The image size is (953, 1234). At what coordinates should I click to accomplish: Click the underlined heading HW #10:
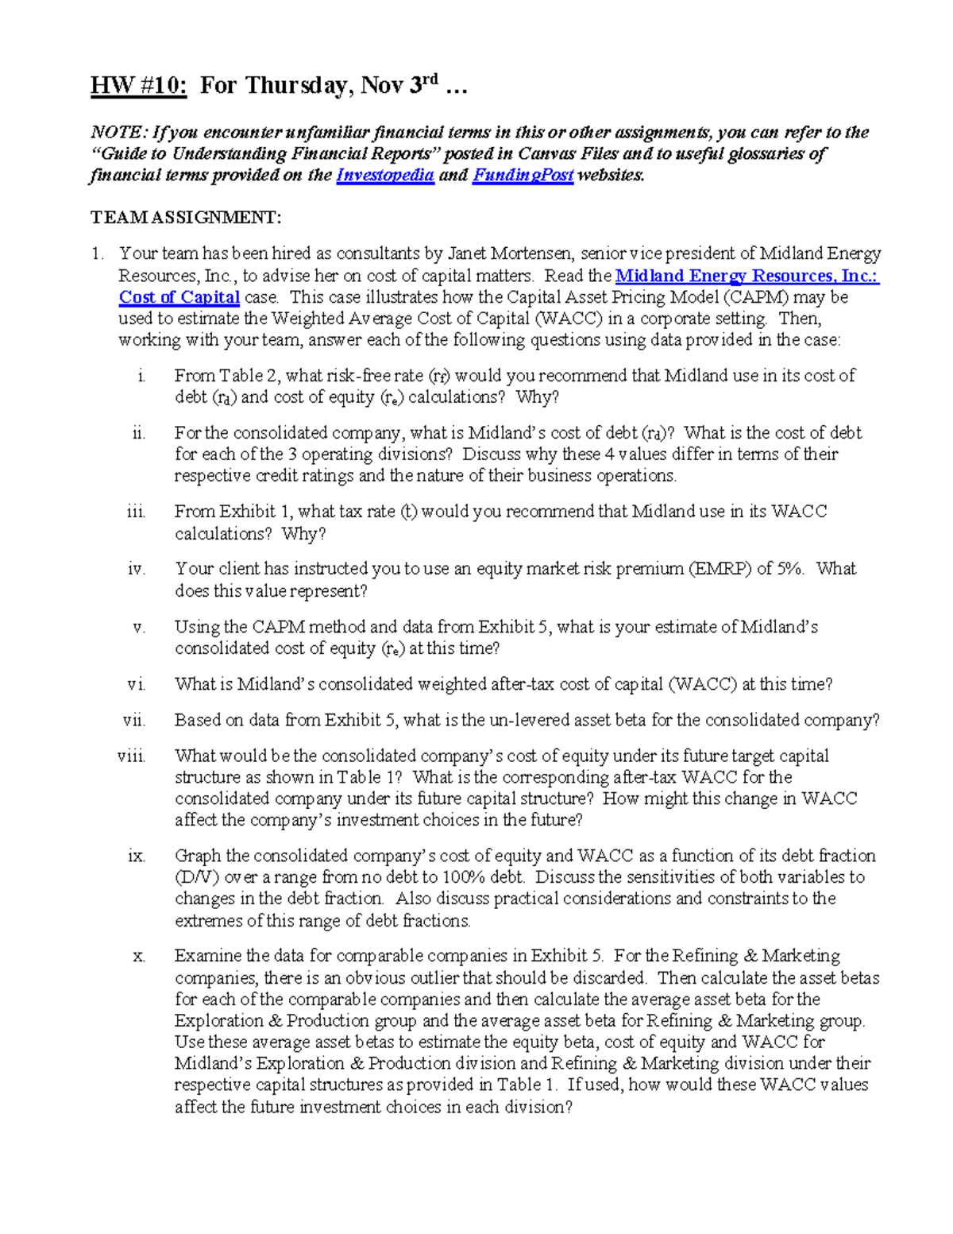point(139,85)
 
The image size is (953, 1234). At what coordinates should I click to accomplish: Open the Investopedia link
point(385,176)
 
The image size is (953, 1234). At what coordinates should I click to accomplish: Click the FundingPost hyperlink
point(523,176)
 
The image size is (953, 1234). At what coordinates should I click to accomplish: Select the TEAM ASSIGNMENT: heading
point(186,218)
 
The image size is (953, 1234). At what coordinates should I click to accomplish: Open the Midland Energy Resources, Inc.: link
point(747,276)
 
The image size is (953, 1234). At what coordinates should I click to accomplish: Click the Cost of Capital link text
point(179,297)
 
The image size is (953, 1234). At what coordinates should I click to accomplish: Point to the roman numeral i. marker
point(141,376)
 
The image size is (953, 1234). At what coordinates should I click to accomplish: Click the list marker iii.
point(136,512)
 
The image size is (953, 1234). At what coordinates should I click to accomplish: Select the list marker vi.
point(136,684)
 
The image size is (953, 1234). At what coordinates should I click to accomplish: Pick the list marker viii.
point(132,756)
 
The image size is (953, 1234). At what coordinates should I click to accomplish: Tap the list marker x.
point(139,956)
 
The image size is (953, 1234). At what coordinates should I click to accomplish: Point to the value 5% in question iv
point(788,569)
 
